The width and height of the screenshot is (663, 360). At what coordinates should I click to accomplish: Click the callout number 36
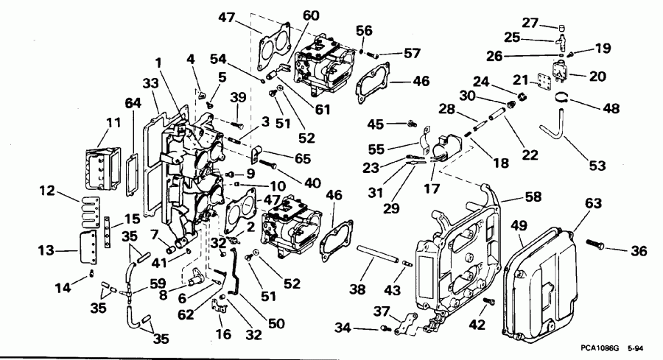639,250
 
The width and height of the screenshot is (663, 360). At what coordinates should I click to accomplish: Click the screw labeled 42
488,300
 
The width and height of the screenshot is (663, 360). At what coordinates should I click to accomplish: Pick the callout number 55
377,147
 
